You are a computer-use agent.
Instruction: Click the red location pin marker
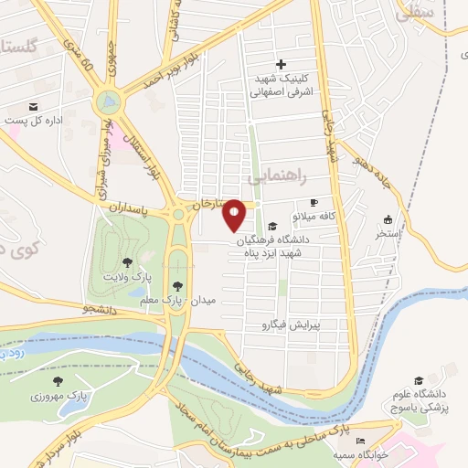235,214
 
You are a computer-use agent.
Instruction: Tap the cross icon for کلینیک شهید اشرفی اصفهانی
281,64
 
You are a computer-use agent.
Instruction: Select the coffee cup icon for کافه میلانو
314,203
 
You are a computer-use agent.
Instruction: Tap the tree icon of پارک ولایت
139,262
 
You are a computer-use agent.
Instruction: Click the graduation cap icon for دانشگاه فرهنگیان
272,227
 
